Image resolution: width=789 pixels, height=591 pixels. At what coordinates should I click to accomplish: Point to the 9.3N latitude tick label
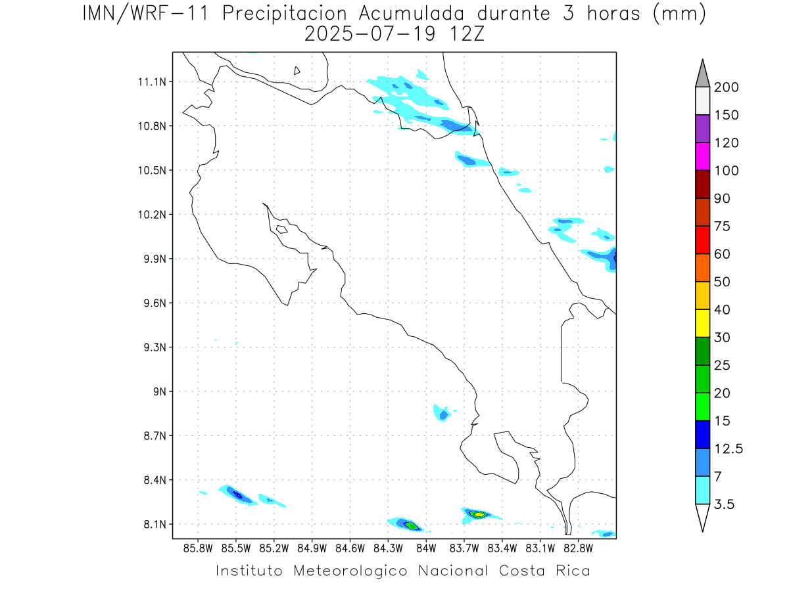tap(154, 347)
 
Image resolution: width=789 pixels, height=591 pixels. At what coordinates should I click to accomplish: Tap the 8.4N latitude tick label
tap(154, 480)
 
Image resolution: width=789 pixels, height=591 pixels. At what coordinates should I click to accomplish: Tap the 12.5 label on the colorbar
tap(729, 449)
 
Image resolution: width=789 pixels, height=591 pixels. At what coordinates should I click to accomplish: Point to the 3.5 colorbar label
tap(724, 504)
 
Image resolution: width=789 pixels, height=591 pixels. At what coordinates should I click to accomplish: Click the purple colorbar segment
tap(702, 129)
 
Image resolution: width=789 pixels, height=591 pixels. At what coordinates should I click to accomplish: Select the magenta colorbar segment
tap(702, 156)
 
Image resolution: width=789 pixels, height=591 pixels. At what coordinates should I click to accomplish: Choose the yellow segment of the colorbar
tap(702, 323)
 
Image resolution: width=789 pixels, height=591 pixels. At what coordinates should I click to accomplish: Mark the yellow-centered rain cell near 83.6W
tap(478, 514)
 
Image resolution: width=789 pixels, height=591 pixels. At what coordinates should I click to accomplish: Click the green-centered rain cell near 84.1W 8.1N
tap(410, 525)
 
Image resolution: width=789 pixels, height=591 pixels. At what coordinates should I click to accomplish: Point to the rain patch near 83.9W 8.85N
tap(443, 413)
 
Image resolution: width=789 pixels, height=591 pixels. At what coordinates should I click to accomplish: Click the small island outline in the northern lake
tap(297, 70)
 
